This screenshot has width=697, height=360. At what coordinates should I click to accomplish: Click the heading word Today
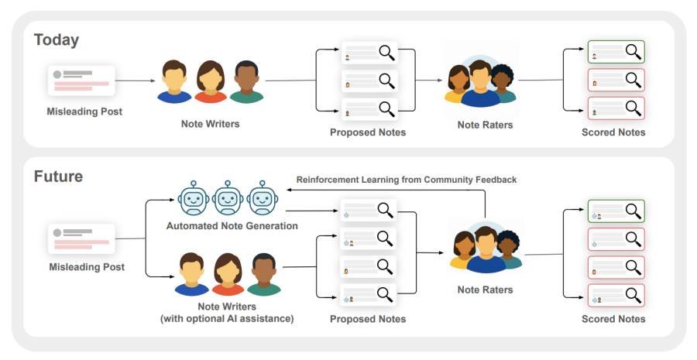[x=57, y=39]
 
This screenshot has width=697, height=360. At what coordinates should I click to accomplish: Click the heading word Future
[x=58, y=177]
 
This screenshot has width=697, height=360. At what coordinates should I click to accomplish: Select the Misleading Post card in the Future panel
[x=82, y=240]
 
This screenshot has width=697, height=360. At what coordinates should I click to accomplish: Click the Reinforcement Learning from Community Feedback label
[x=406, y=180]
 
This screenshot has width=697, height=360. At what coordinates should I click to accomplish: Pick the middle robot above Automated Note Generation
[x=228, y=198]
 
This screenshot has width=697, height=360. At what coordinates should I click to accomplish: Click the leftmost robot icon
[x=192, y=198]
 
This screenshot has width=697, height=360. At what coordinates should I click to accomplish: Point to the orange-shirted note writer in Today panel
[x=211, y=82]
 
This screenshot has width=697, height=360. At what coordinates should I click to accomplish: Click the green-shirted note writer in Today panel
[x=247, y=82]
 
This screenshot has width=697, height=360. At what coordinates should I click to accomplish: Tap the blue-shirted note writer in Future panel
[x=191, y=275]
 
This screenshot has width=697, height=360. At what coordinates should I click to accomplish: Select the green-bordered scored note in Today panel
[x=616, y=53]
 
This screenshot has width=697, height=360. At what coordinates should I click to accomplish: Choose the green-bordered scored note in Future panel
[x=616, y=211]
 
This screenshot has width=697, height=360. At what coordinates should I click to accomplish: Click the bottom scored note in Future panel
[x=616, y=295]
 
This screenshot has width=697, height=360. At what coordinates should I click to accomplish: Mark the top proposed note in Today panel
[x=369, y=53]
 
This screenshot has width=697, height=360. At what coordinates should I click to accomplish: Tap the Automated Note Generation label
[x=232, y=225]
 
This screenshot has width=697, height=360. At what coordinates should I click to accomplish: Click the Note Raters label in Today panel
[x=485, y=124]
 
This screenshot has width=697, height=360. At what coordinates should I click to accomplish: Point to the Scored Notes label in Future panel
[x=613, y=318]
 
